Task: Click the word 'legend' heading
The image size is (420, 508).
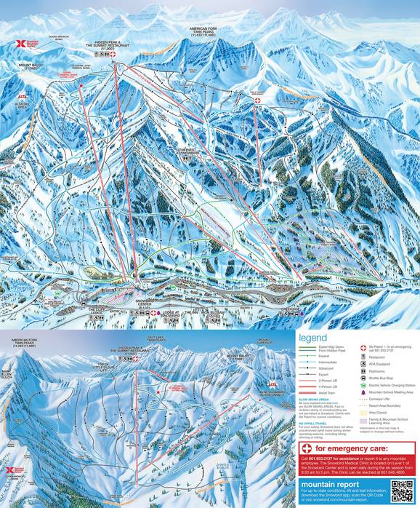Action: (x=317, y=338)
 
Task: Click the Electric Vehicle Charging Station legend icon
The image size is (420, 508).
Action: (x=363, y=385)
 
